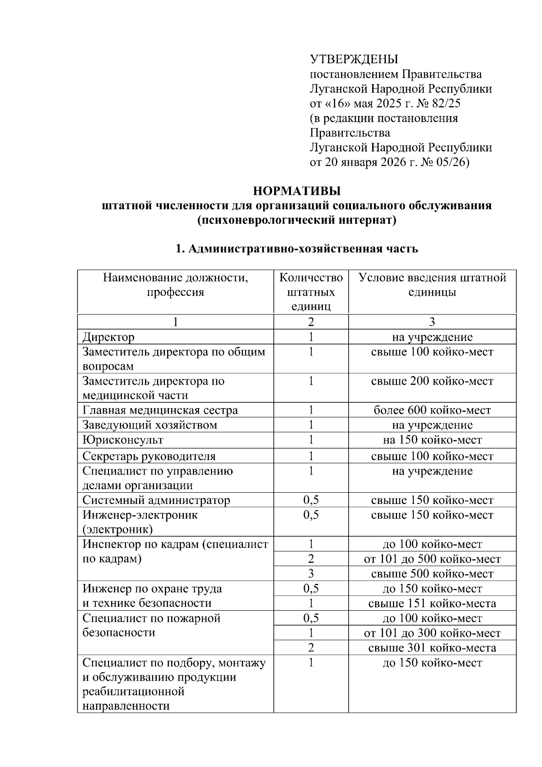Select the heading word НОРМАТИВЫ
tap(296, 190)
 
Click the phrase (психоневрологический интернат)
tap(296, 220)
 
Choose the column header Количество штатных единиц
tap(311, 292)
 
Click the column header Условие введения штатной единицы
tap(432, 284)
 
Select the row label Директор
tap(108, 337)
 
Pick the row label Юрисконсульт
tap(123, 440)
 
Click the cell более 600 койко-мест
tap(432, 410)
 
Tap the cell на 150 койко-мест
tap(432, 440)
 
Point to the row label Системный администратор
tap(156, 500)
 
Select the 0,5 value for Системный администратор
tap(311, 500)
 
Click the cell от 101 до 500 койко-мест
tap(432, 559)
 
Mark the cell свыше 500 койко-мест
tap(432, 574)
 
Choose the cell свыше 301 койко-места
tap(432, 648)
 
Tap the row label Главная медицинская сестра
tap(160, 410)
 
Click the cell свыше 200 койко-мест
tap(432, 381)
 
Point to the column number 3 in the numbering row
tap(432, 322)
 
